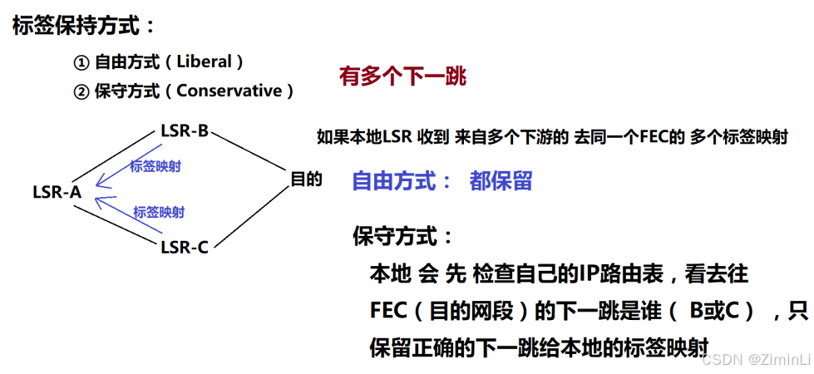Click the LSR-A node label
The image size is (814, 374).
coord(57,192)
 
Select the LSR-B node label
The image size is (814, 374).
coord(185,130)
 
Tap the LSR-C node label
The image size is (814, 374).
coord(185,246)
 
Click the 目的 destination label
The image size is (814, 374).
coord(306,179)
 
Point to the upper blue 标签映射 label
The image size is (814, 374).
coord(155,166)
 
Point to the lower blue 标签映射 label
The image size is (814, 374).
coord(159,213)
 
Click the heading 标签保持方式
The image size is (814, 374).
coord(77,25)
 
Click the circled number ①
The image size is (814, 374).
coord(81,62)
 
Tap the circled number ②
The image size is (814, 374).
coord(81,91)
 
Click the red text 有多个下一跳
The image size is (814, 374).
coord(402,77)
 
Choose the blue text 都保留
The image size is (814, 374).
coord(501,181)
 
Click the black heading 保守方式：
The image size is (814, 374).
coord(403,236)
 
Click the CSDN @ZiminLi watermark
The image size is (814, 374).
coord(755,359)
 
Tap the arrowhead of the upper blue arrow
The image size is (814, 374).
coord(99,184)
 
